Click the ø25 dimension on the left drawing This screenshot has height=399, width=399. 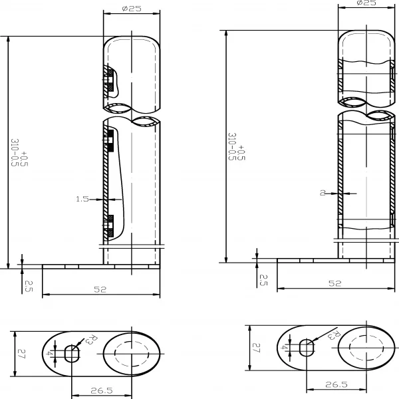pyautogui.click(x=132, y=9)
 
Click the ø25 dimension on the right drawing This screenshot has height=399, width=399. pyautogui.click(x=366, y=3)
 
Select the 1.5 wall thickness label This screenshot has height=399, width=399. pyautogui.click(x=82, y=199)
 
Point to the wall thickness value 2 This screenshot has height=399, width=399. pyautogui.click(x=323, y=193)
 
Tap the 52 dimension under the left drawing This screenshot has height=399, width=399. pyautogui.click(x=100, y=289)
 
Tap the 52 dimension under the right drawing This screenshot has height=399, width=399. pyautogui.click(x=335, y=283)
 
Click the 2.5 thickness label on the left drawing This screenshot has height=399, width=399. pyautogui.click(x=29, y=286)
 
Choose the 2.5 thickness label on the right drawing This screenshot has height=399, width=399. pyautogui.click(x=263, y=280)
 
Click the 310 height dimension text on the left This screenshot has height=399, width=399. pyautogui.click(x=19, y=153)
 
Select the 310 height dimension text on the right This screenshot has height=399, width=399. pyautogui.click(x=237, y=146)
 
